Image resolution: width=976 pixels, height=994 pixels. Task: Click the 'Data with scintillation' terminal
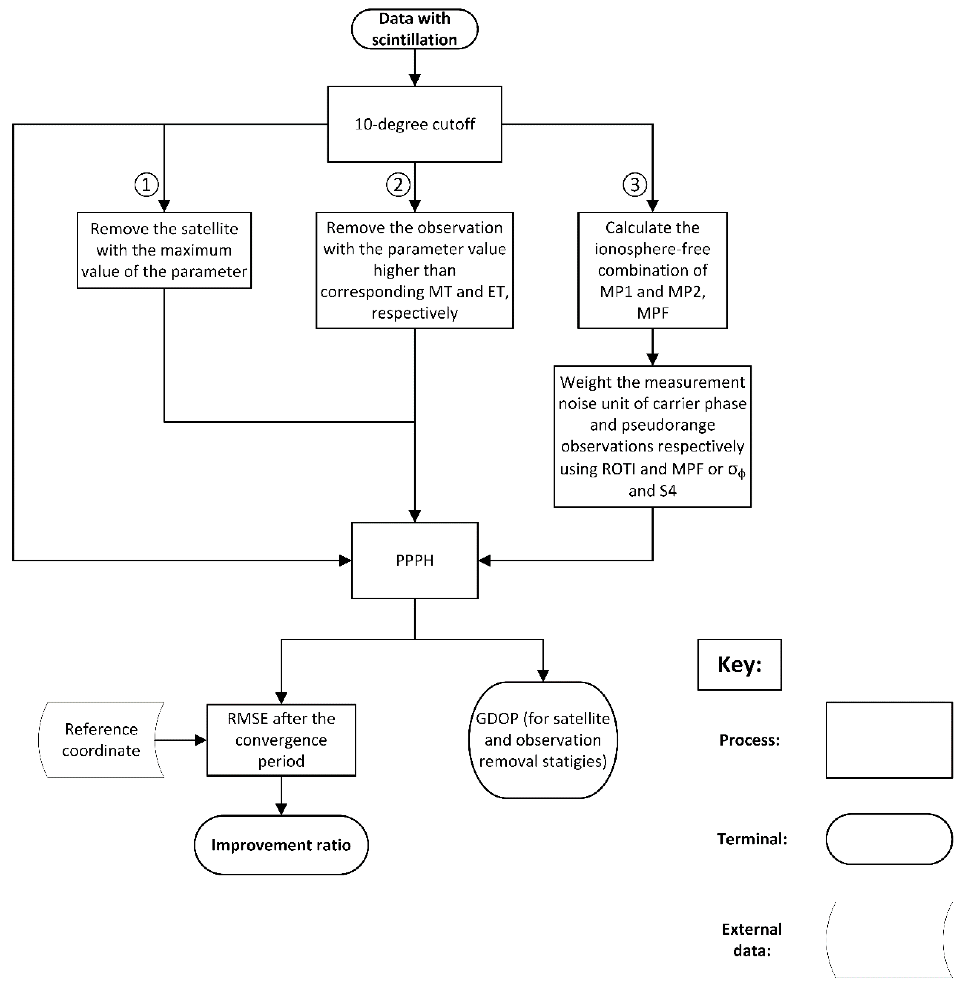[x=414, y=29]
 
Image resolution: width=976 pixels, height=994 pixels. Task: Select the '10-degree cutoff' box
[x=414, y=124]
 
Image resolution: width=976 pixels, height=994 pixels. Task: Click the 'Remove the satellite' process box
[x=164, y=250]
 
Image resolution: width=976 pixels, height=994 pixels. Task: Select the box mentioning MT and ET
[x=414, y=270]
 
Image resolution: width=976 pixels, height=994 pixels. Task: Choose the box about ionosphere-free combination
[x=652, y=270]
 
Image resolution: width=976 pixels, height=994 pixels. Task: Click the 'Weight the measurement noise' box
[x=652, y=437]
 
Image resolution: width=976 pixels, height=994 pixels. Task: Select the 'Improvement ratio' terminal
[x=281, y=845]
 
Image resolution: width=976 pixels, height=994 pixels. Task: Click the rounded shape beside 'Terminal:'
[x=889, y=839]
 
